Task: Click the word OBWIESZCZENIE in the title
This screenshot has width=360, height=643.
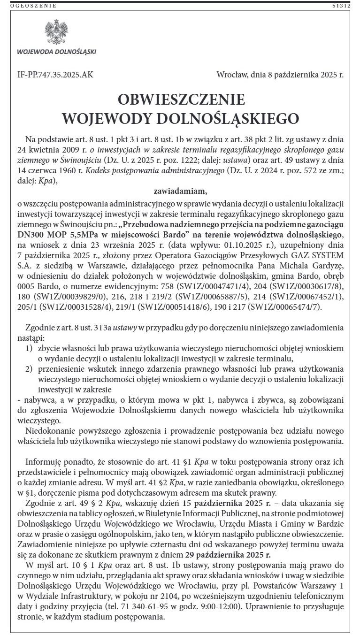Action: (x=181, y=100)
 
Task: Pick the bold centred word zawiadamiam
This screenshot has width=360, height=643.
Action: (x=180, y=191)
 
